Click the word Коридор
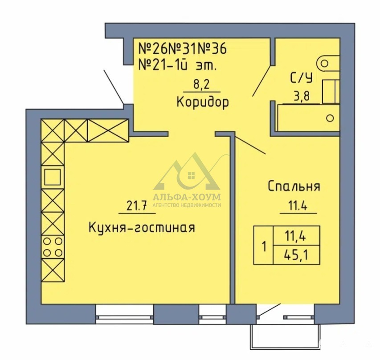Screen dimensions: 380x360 point(203,102)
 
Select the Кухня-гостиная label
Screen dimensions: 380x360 point(142,228)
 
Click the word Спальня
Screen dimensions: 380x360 point(294,186)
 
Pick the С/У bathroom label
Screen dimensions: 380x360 point(301,78)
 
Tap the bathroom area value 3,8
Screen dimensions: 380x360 point(302,97)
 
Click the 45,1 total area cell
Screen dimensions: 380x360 point(296,255)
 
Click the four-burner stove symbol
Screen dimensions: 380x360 point(53,247)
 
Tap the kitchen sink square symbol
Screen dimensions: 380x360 point(53,177)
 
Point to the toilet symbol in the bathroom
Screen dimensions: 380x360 point(328,64)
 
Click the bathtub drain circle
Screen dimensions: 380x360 point(330,118)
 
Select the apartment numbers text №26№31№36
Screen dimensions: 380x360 point(182,49)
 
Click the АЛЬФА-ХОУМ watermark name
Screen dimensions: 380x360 point(187,197)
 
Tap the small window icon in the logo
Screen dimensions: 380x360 point(192,175)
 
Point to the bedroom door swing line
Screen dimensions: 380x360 point(250,145)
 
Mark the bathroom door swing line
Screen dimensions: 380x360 point(262,81)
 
